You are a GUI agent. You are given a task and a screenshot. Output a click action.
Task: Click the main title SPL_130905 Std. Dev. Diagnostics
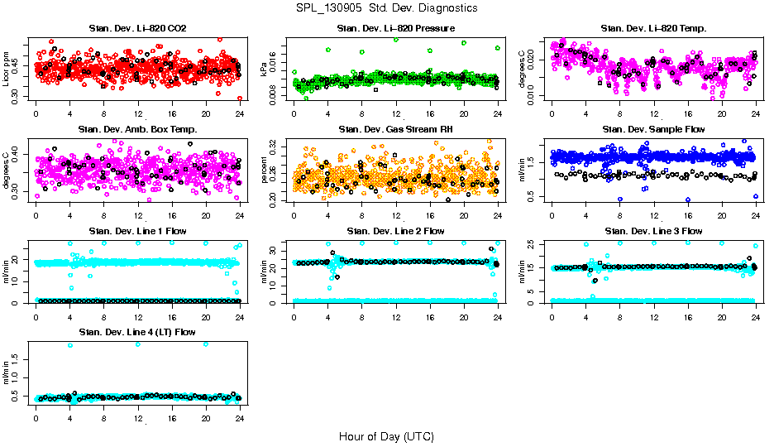(386, 8)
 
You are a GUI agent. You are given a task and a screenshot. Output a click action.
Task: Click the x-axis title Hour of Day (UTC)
(386, 435)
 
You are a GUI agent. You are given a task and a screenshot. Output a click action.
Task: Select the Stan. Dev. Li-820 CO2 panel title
(137, 29)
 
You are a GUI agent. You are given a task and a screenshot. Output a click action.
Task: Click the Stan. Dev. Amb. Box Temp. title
(137, 129)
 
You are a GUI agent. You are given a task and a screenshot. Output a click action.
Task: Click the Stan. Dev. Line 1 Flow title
(137, 231)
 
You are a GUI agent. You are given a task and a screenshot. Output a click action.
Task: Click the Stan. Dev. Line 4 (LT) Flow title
(137, 332)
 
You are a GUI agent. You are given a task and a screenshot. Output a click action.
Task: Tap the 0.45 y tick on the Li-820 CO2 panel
(17, 59)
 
